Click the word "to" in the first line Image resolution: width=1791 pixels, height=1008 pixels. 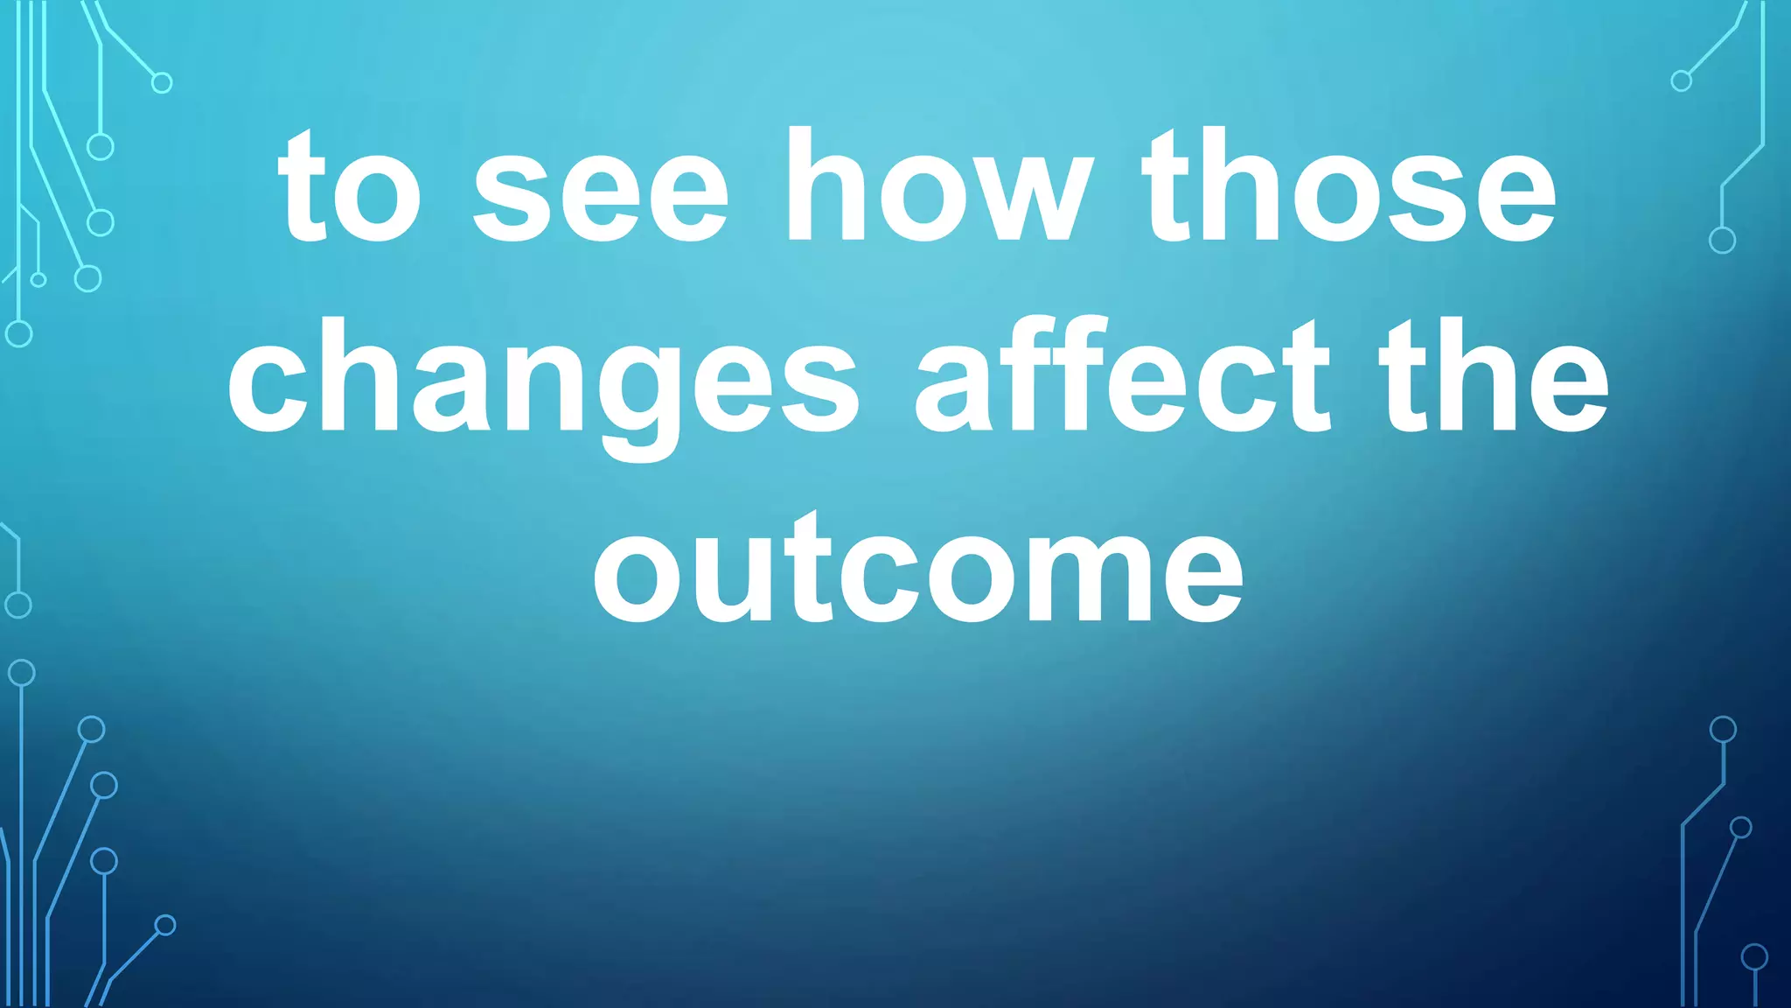point(350,188)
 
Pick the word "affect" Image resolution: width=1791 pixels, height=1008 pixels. point(1122,376)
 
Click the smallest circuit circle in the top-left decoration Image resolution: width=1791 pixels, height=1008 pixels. point(38,280)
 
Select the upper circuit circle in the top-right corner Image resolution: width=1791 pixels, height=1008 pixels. point(1681,81)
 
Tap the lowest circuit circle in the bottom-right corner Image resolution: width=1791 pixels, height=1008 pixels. point(1754,957)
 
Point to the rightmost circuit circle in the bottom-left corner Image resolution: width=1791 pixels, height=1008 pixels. point(165,925)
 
